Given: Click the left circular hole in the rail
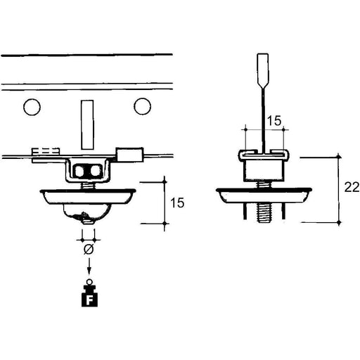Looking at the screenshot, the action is point(32,107).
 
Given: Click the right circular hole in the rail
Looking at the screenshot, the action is point(142,106).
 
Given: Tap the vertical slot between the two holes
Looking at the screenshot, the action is point(87,124).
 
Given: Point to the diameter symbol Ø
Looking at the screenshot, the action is point(89,250).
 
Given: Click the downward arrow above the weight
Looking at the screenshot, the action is point(89,266).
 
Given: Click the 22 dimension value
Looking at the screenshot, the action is point(352,188).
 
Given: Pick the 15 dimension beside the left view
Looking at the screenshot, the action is point(177,202).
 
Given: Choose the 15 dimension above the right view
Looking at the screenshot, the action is point(274,121).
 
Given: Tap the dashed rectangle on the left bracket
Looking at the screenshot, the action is point(46,151).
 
